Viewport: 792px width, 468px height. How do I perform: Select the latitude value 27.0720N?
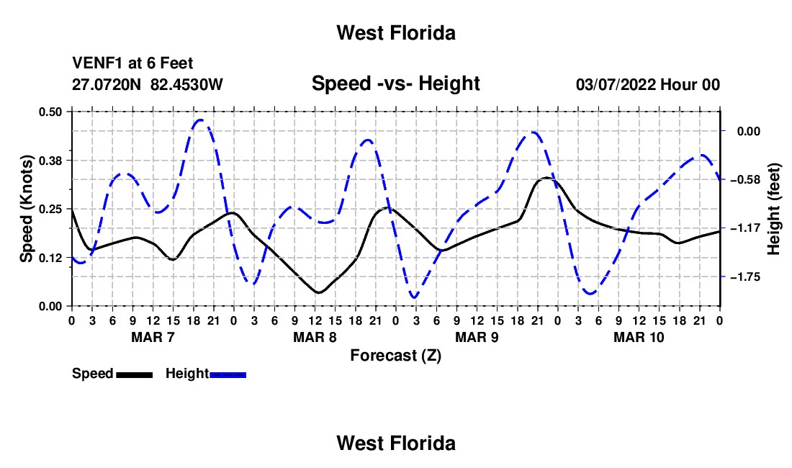point(107,84)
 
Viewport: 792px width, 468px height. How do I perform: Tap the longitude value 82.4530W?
point(186,84)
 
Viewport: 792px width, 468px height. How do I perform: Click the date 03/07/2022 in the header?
point(616,84)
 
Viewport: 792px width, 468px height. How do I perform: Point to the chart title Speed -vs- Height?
point(395,84)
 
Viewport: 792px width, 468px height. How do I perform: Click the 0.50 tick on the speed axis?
point(50,112)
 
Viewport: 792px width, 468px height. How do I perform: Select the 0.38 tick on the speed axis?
point(50,161)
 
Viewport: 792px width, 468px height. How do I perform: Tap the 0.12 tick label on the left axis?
point(50,258)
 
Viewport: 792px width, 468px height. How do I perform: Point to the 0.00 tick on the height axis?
point(749,131)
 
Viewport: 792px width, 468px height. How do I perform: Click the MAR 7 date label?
point(153,337)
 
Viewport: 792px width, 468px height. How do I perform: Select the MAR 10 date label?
point(639,337)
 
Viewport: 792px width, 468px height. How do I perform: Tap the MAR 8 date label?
point(315,337)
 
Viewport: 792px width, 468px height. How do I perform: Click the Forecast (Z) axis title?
point(395,356)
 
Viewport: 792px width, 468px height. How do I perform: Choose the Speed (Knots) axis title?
point(26,209)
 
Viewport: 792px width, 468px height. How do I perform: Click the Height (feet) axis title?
point(774,209)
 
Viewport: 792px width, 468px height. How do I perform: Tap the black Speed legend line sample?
point(135,375)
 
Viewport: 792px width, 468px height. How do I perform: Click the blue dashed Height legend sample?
point(228,375)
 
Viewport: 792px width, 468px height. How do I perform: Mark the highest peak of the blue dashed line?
point(201,120)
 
